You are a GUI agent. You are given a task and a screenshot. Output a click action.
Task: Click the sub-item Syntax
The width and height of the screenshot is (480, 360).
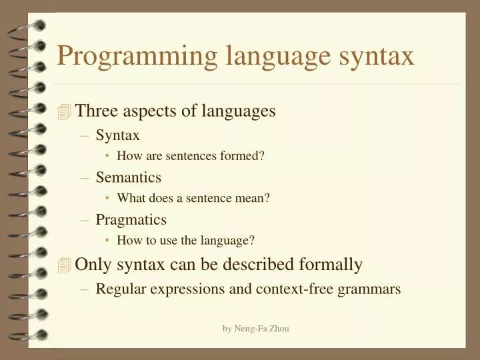[118, 135]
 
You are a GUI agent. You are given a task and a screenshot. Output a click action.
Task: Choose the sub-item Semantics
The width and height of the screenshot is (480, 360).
[129, 177]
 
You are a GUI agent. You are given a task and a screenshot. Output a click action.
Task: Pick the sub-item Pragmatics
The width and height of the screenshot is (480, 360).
[131, 219]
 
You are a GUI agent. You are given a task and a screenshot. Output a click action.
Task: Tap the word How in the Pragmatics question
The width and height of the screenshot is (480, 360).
[128, 240]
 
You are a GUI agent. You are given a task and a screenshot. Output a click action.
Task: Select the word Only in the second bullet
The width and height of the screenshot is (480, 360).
[94, 265]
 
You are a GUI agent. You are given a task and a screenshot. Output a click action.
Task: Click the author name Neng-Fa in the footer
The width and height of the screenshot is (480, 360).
[253, 328]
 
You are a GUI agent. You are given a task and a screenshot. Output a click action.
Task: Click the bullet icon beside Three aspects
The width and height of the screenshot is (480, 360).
[64, 112]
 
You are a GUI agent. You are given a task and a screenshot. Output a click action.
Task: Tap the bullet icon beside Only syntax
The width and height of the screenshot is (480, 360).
[64, 265]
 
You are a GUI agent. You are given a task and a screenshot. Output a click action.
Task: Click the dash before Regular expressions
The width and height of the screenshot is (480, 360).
[85, 289]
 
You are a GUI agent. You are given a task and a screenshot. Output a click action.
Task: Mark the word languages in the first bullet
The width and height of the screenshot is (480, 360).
[241, 111]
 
